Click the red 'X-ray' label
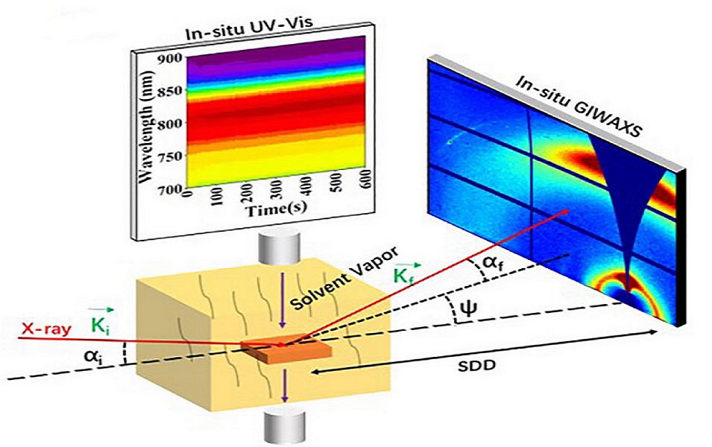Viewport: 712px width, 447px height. (x=46, y=328)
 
